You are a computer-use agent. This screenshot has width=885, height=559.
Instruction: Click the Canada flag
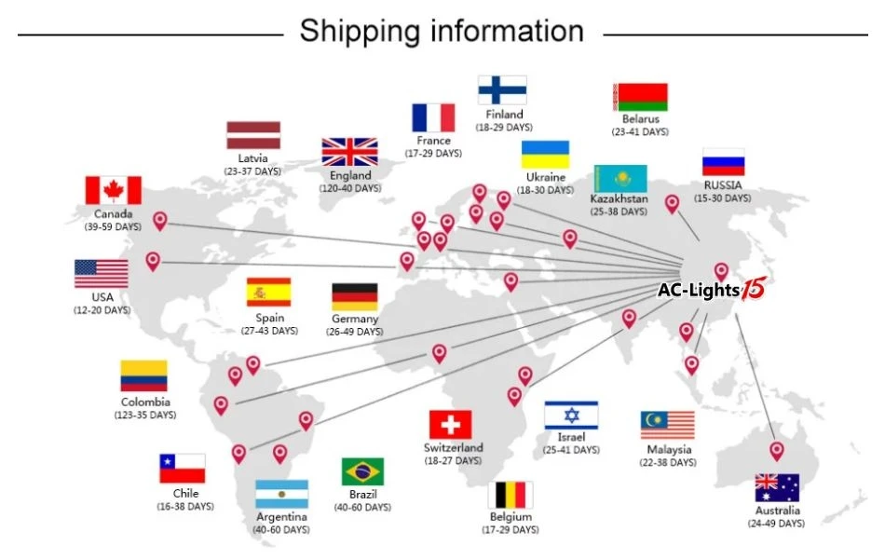pyautogui.click(x=113, y=190)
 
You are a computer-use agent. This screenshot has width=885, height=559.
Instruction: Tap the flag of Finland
pyautogui.click(x=502, y=90)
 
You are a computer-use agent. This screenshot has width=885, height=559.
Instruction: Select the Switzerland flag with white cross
pyautogui.click(x=450, y=425)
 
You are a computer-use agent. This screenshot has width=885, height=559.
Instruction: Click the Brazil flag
pyautogui.click(x=362, y=471)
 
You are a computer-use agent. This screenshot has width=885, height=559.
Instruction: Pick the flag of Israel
pyautogui.click(x=571, y=416)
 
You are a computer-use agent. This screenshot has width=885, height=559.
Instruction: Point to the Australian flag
pyautogui.click(x=777, y=488)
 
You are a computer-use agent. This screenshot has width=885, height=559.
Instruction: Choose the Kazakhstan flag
pyautogui.click(x=619, y=178)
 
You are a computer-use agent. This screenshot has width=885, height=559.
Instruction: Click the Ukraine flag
pyautogui.click(x=545, y=155)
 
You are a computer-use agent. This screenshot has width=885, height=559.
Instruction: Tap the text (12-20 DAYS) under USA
pyautogui.click(x=102, y=310)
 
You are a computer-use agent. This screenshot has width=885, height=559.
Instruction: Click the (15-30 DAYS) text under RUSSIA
pyautogui.click(x=723, y=198)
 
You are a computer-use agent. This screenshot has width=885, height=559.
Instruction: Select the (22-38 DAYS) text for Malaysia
pyautogui.click(x=667, y=463)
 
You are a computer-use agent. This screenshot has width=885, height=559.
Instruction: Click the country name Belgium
pyautogui.click(x=511, y=516)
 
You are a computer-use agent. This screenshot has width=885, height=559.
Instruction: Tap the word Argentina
pyautogui.click(x=280, y=516)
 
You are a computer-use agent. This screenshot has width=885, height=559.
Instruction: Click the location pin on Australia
pyautogui.click(x=777, y=451)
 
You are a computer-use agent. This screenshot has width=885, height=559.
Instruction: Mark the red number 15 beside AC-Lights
pyautogui.click(x=753, y=290)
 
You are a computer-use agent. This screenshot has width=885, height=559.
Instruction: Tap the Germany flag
pyautogui.click(x=355, y=297)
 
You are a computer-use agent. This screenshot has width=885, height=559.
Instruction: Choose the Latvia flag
pyautogui.click(x=253, y=135)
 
